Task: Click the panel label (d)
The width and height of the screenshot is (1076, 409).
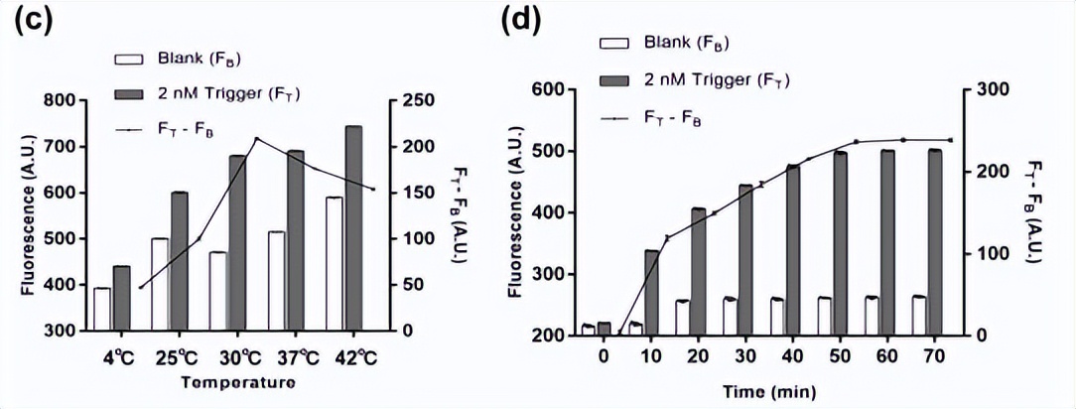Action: point(523,21)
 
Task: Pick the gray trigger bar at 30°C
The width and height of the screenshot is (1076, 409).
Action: point(238,242)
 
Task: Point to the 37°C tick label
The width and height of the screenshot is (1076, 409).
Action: point(287,355)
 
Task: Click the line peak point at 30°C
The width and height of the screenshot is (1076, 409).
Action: point(256,139)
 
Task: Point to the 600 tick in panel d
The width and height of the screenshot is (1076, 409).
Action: point(549,89)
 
